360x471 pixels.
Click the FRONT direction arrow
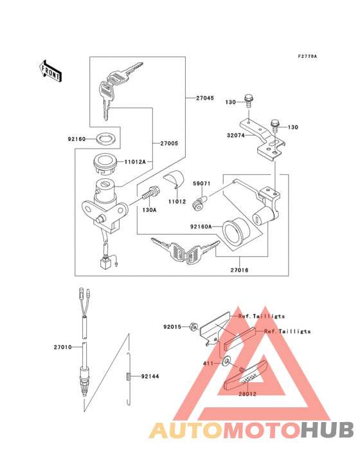tap(51, 69)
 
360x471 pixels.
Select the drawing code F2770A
tap(308, 57)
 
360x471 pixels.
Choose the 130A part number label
tap(150, 210)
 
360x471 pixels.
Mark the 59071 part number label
tap(202, 183)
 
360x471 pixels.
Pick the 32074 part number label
tap(218, 136)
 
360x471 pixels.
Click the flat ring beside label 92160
tap(107, 138)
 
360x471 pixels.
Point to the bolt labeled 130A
tap(152, 192)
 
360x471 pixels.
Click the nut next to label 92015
tap(192, 327)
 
